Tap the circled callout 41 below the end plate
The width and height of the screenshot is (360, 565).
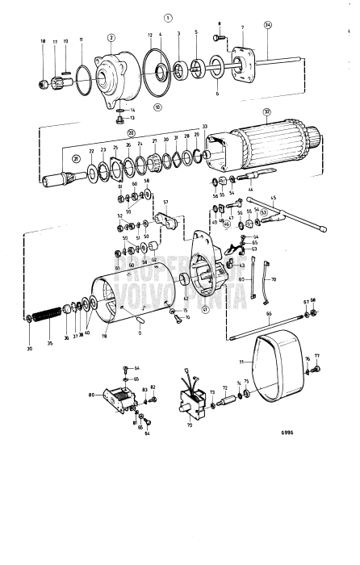click(x=205, y=309)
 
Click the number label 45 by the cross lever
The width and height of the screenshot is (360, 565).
click(x=272, y=199)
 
